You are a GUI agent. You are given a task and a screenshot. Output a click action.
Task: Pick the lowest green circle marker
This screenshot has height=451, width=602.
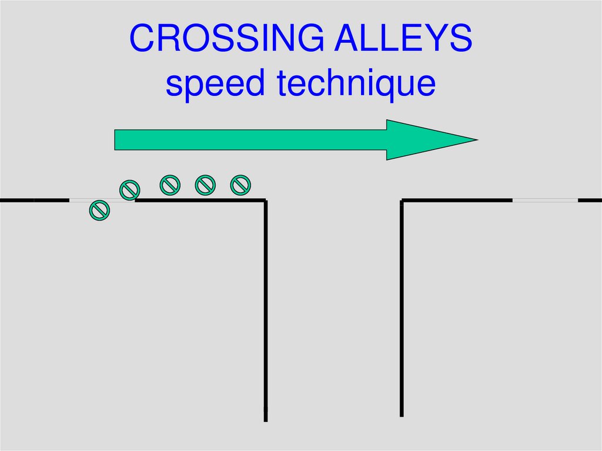pyautogui.click(x=100, y=210)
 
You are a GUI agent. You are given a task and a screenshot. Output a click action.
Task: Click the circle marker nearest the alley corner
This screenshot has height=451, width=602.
pyautogui.click(x=240, y=185)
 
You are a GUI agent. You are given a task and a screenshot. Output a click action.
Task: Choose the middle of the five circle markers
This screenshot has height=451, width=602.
pyautogui.click(x=170, y=185)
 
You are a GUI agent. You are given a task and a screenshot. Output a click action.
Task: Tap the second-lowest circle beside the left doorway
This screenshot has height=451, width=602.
pyautogui.click(x=129, y=190)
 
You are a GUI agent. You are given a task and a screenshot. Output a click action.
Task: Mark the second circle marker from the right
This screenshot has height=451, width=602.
pyautogui.click(x=205, y=185)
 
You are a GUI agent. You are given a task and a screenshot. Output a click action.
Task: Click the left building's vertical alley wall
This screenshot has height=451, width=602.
pyautogui.click(x=266, y=306)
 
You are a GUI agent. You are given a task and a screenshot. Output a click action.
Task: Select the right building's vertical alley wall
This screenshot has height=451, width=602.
pyautogui.click(x=402, y=306)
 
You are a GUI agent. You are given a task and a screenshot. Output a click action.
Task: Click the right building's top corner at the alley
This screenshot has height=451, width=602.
pyautogui.click(x=402, y=201)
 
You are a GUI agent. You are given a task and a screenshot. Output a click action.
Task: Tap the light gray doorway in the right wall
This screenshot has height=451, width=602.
pyautogui.click(x=545, y=201)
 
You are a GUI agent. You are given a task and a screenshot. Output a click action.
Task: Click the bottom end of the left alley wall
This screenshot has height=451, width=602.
pyautogui.click(x=266, y=419)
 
